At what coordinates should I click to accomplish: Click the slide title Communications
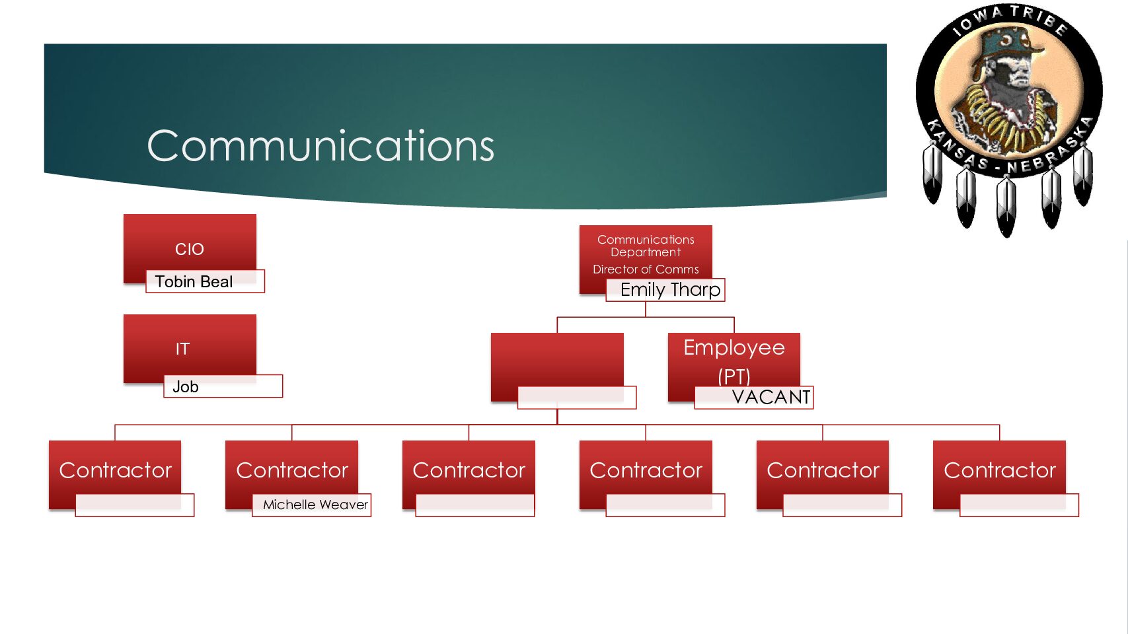tap(320, 146)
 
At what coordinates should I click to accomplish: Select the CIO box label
tap(190, 249)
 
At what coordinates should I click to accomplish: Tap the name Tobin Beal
tap(194, 282)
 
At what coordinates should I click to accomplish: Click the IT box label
tap(182, 349)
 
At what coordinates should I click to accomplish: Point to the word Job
tap(186, 387)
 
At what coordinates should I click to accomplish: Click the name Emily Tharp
tap(670, 290)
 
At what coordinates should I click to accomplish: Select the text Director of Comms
tap(646, 269)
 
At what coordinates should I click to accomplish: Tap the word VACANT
tap(771, 397)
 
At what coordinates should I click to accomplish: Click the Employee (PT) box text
tap(734, 360)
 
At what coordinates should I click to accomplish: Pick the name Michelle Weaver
tap(315, 505)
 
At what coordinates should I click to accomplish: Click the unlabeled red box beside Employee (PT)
tap(557, 360)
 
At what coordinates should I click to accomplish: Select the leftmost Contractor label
tap(116, 470)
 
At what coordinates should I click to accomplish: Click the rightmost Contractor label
tap(1000, 470)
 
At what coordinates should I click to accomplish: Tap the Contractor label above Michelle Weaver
tap(292, 470)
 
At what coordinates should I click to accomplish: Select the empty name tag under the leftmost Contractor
tap(135, 505)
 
